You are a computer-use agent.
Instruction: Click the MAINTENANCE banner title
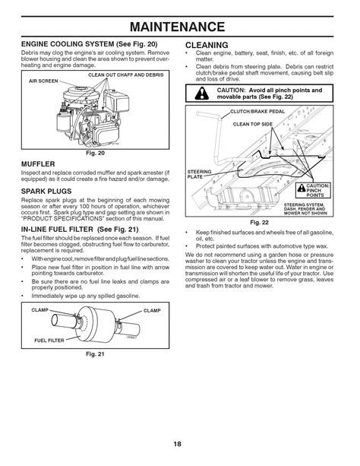tap(179, 17)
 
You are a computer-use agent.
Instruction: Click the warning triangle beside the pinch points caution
tap(201, 95)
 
